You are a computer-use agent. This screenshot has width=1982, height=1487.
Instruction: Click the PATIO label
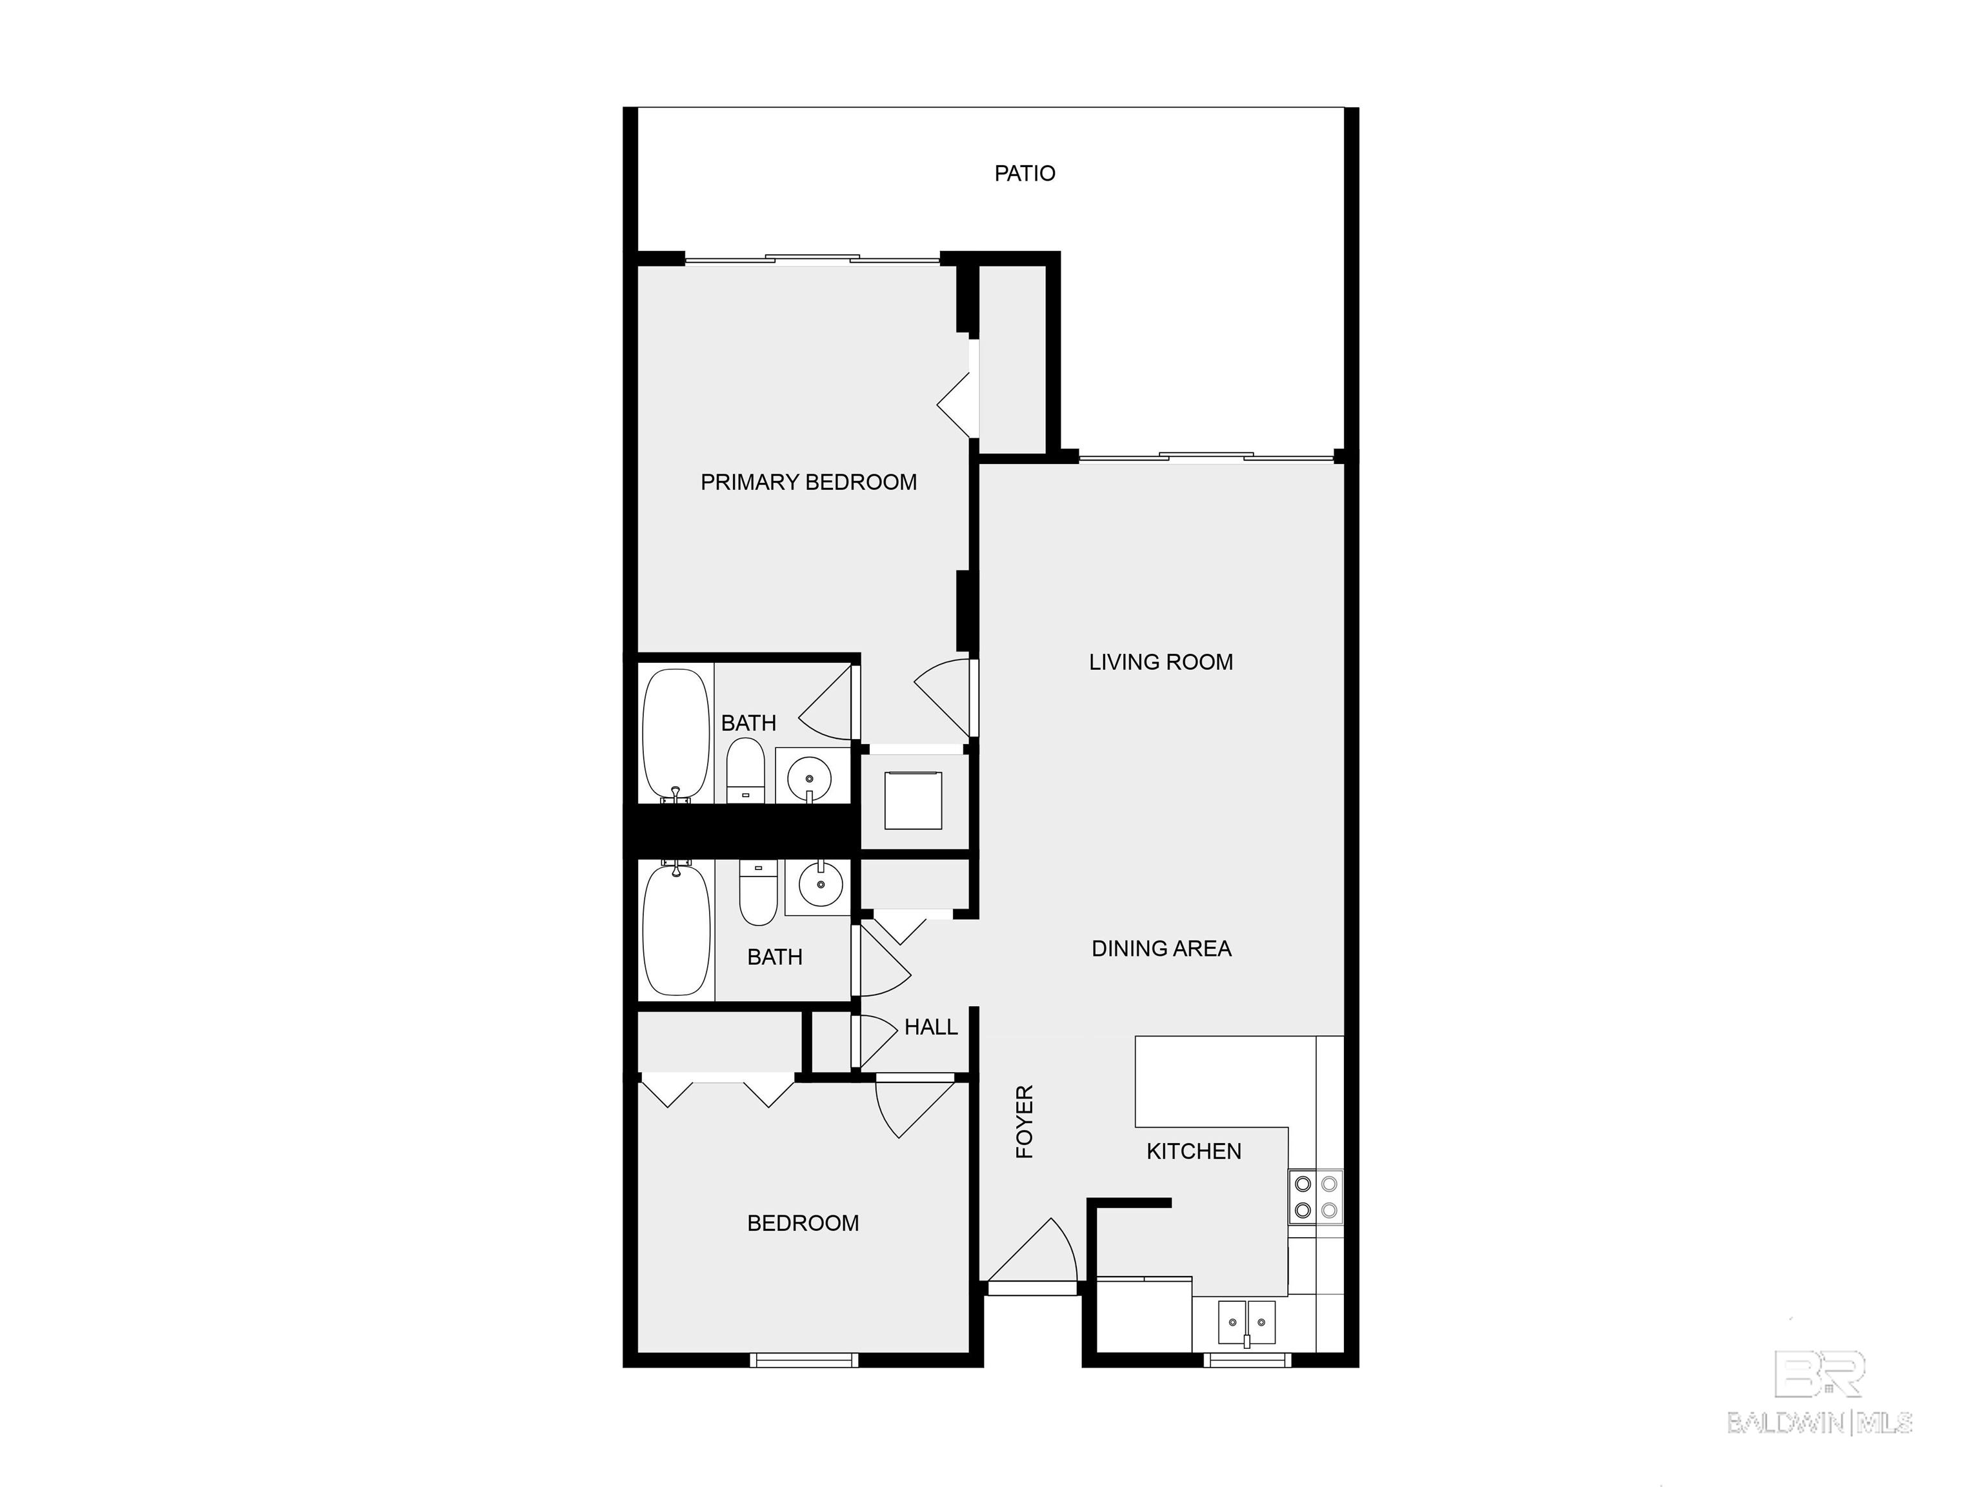pyautogui.click(x=1024, y=173)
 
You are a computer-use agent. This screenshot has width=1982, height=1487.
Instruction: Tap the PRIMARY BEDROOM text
pyautogui.click(x=808, y=482)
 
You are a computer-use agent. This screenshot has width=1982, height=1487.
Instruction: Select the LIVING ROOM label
pyautogui.click(x=1160, y=662)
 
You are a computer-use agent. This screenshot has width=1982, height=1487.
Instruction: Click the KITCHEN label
pyautogui.click(x=1194, y=1151)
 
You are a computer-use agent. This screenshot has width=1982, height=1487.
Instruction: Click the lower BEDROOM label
pyautogui.click(x=803, y=1222)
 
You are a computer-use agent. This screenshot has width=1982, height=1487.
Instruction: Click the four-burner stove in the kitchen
pyautogui.click(x=1316, y=1197)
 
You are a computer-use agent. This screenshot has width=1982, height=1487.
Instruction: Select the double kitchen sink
pyautogui.click(x=1246, y=1322)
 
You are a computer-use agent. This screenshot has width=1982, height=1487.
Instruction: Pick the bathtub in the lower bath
pyautogui.click(x=677, y=929)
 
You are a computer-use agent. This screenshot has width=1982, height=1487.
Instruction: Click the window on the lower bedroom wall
pyautogui.click(x=804, y=1361)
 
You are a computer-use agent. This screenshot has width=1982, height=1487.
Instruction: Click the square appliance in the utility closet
pyautogui.click(x=913, y=800)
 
